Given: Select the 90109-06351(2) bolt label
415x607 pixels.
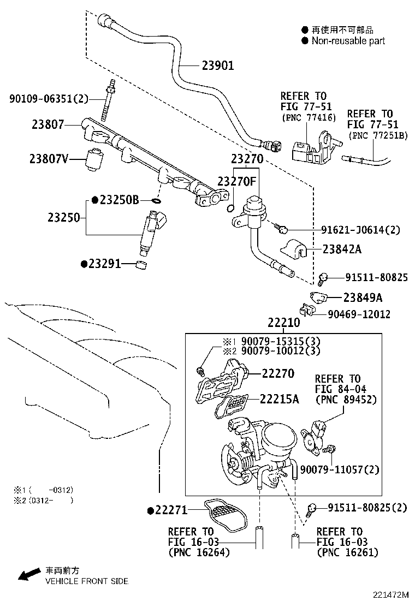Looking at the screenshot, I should click(x=49, y=98).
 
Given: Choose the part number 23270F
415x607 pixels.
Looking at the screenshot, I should click(x=237, y=181).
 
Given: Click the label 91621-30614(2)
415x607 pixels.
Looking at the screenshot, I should click(x=360, y=230).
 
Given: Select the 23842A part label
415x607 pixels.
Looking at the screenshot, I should click(x=341, y=250).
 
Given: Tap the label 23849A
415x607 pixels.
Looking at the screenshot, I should click(x=363, y=297).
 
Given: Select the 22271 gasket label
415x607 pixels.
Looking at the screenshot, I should click(x=171, y=510).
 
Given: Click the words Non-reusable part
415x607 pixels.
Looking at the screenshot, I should click(x=348, y=41).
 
